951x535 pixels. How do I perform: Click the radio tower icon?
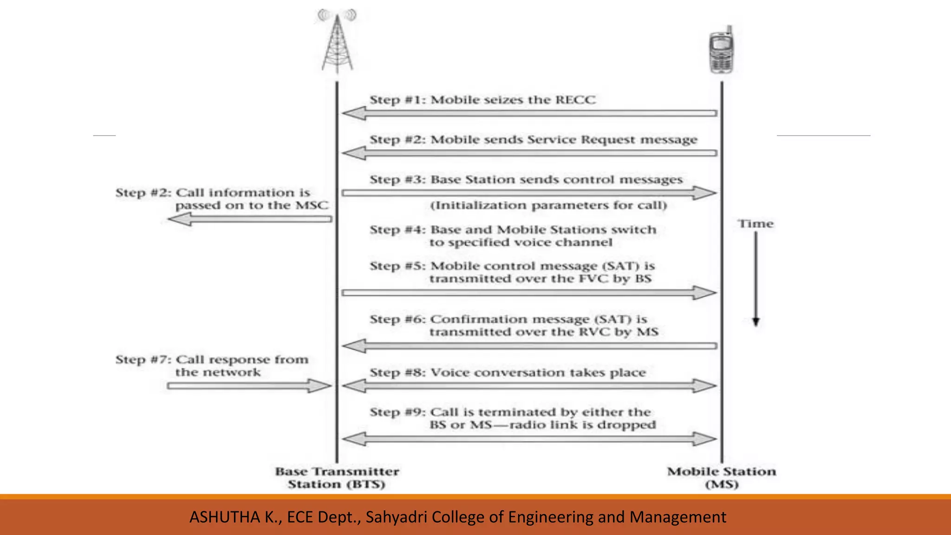(x=337, y=42)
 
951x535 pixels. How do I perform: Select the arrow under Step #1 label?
(x=529, y=113)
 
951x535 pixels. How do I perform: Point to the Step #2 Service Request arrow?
(x=529, y=153)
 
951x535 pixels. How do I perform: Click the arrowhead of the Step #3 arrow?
(x=705, y=193)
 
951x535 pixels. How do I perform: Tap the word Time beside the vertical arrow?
(x=756, y=224)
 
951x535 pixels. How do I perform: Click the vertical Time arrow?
(x=756, y=279)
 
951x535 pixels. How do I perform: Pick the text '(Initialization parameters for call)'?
(x=548, y=205)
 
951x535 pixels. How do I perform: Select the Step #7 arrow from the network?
(x=249, y=386)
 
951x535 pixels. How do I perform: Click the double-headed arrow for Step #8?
(x=529, y=386)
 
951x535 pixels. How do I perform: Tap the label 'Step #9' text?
(x=397, y=412)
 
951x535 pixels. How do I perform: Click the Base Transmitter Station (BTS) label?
(x=337, y=478)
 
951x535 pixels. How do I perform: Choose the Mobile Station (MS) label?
(x=722, y=478)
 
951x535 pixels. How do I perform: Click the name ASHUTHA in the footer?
(x=225, y=517)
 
